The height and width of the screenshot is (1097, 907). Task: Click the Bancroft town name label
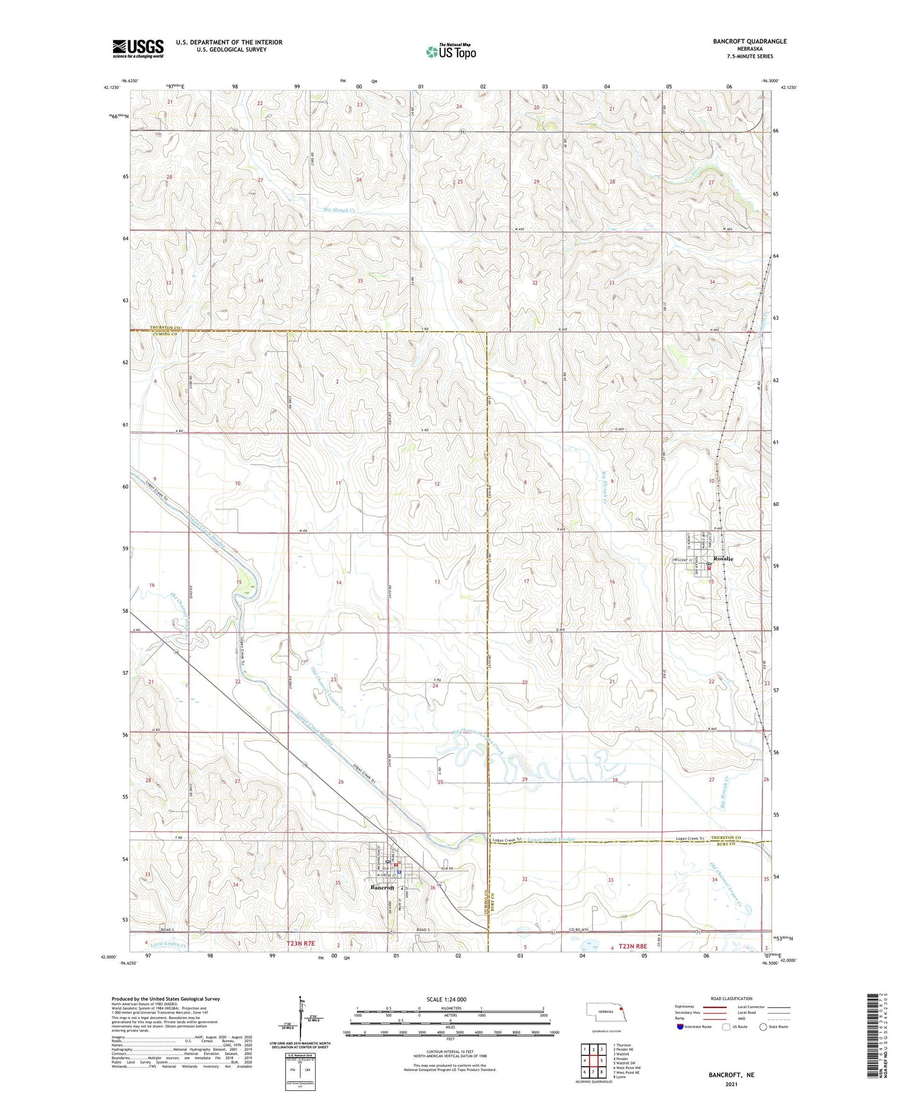(382, 888)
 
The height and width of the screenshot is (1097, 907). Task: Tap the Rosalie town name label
(723, 558)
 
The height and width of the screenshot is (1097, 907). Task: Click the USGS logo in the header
(138, 48)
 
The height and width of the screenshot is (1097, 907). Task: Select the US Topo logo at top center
(451, 52)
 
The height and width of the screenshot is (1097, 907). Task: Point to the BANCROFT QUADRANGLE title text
(749, 41)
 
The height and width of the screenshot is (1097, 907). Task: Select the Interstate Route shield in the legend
(680, 1027)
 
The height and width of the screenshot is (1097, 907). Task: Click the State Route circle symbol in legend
(763, 1027)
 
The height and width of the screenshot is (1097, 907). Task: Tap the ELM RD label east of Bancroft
(447, 869)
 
